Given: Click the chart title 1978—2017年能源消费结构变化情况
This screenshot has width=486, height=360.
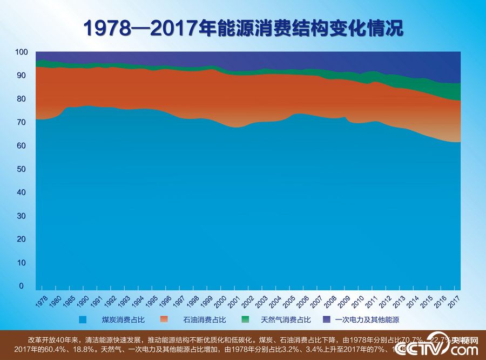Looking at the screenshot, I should [243, 29].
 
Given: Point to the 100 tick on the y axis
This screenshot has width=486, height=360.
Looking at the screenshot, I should [21, 52].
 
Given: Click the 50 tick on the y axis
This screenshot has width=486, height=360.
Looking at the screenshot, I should [21, 169].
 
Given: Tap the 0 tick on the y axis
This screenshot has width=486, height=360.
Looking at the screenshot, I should [22, 286].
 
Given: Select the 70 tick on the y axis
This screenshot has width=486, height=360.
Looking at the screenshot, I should [21, 123].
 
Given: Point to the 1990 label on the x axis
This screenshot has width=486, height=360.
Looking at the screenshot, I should [84, 301].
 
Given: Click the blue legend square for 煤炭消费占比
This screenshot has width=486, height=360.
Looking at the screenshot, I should [83, 319].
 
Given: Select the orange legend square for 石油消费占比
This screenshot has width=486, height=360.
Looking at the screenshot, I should [164, 319].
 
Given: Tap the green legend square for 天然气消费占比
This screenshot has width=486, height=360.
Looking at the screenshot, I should [245, 319].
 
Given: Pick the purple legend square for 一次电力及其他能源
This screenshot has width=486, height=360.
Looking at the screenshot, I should [327, 319].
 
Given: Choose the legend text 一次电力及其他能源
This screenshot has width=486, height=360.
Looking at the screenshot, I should [367, 320].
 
